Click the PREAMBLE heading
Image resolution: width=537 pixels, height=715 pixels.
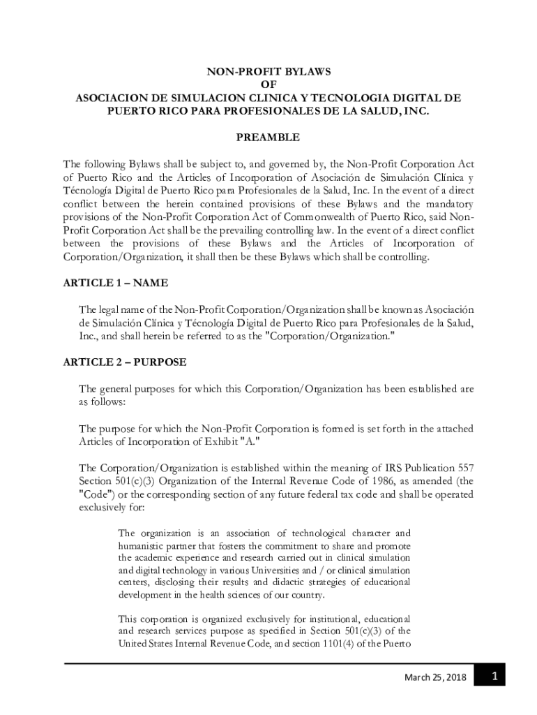coord(268,138)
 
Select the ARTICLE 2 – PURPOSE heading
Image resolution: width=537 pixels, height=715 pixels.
coord(125,362)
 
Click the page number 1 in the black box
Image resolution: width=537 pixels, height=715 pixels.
coord(494,677)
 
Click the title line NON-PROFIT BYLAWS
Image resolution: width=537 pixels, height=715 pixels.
coord(268,71)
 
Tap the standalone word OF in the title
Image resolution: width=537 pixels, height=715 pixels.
coord(268,84)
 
